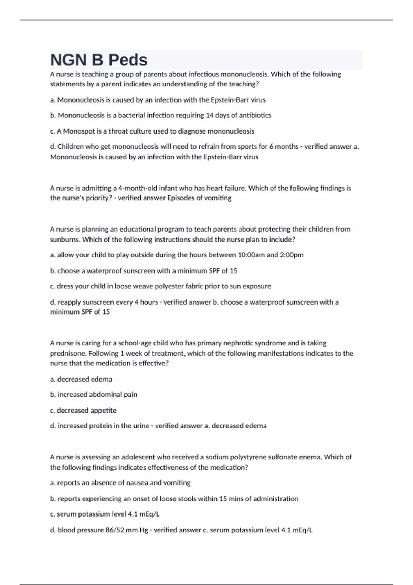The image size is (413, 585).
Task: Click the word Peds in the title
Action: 128,60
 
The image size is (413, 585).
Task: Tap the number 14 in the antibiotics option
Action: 210,115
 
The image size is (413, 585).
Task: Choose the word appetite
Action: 104,411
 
